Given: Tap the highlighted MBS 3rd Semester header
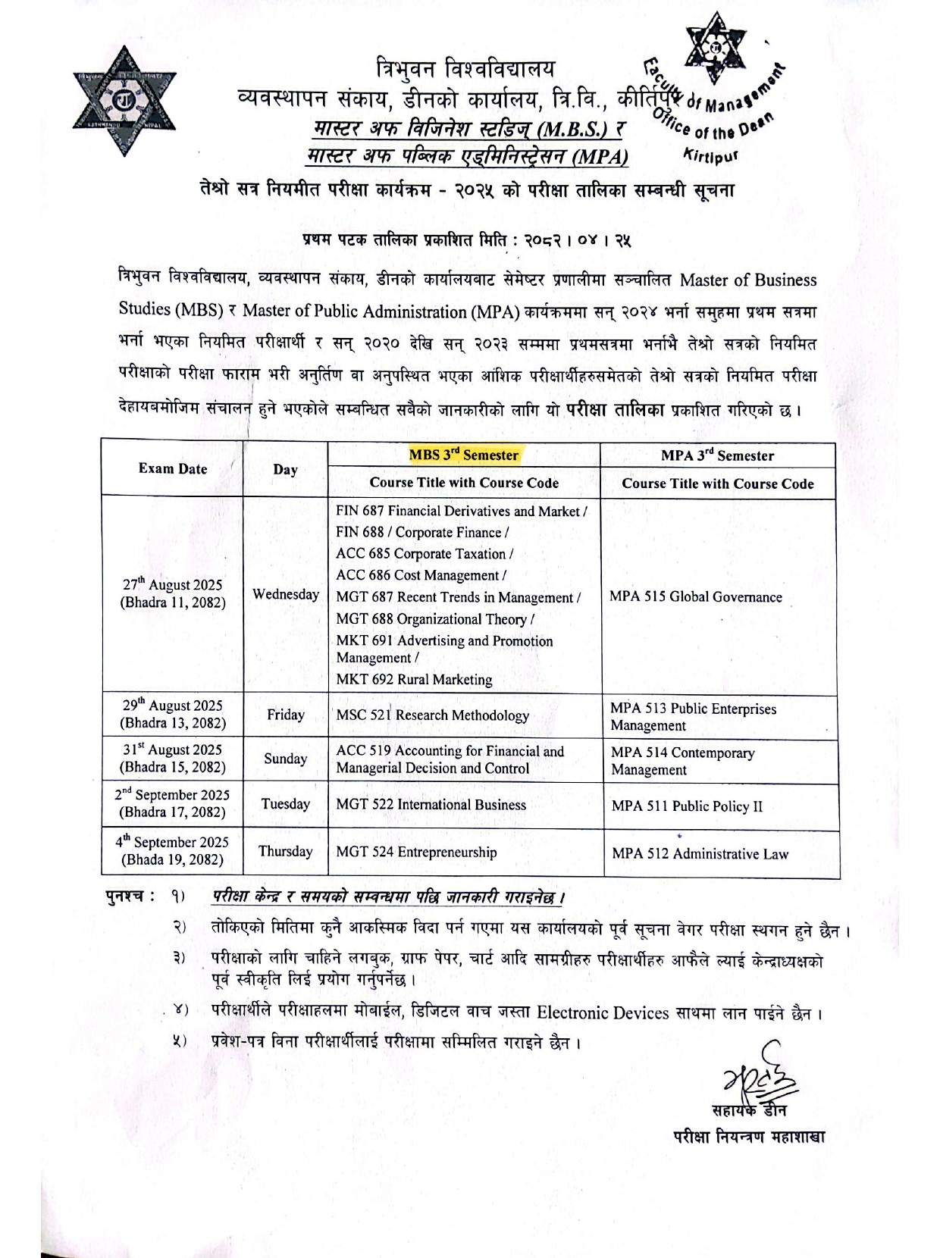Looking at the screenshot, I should [x=463, y=455].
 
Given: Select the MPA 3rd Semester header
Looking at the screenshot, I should [x=717, y=455].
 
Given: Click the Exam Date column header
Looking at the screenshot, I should [x=173, y=468].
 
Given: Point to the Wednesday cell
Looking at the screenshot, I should [x=286, y=594].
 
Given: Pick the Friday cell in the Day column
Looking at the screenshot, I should [x=286, y=715].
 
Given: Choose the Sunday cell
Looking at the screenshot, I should [x=286, y=759].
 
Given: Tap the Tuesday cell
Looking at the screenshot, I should [x=286, y=804].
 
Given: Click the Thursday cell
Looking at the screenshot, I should [x=286, y=851].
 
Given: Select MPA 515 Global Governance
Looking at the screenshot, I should [x=695, y=597].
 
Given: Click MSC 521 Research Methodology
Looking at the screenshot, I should [x=432, y=715].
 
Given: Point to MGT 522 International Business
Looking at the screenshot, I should [x=431, y=805].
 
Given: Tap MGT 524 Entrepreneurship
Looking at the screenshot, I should [x=416, y=853].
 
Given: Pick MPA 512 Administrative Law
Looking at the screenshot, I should [x=700, y=854].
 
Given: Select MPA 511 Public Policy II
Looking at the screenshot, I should [x=687, y=806].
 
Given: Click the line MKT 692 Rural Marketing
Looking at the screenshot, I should [x=414, y=680].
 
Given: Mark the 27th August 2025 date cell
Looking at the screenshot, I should [x=173, y=593].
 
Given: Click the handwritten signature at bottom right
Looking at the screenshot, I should [x=751, y=1075].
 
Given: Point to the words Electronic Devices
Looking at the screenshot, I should [x=603, y=1012].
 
